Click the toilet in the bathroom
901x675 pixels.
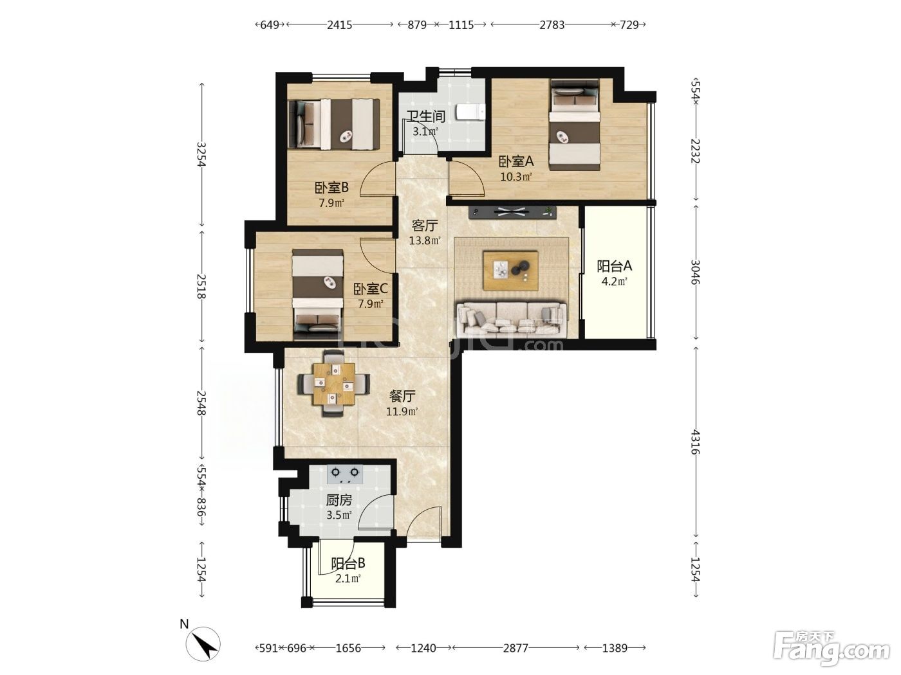(471, 112)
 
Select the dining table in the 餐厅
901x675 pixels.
(334, 383)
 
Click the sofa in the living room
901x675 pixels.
(512, 319)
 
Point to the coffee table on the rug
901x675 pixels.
(510, 271)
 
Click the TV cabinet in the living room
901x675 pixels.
(512, 212)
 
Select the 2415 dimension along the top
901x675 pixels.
(339, 25)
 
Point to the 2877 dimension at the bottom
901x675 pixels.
(516, 648)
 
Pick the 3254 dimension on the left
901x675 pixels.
(201, 154)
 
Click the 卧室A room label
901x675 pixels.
(516, 161)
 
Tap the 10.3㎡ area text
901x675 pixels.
(516, 177)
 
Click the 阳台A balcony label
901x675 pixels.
(614, 266)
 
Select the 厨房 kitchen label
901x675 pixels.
(339, 500)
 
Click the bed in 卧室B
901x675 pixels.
(334, 125)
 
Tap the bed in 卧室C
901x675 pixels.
(318, 294)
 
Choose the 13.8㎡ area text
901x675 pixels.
(424, 240)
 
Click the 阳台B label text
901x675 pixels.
(348, 563)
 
